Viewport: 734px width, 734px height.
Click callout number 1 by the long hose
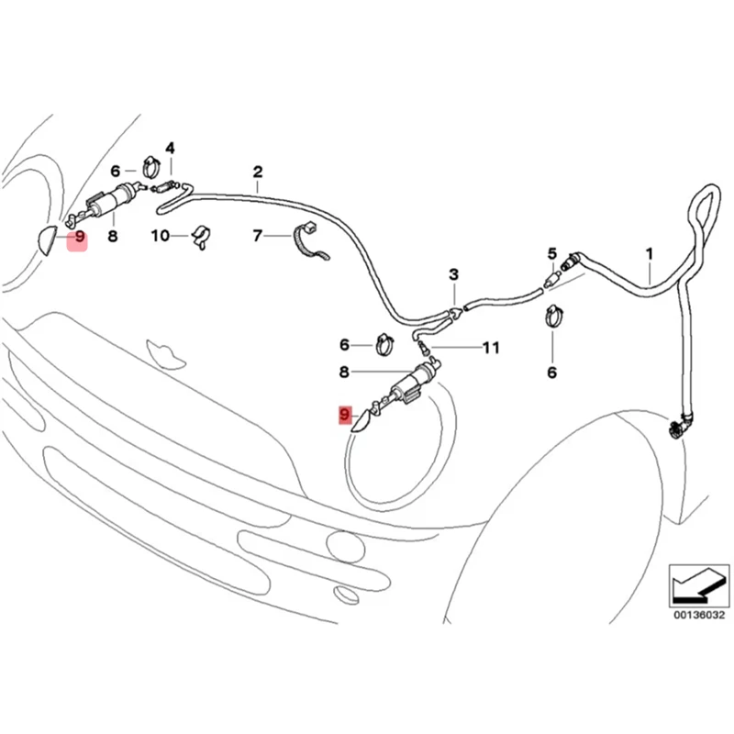point(650,254)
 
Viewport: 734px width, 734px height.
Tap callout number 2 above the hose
point(258,172)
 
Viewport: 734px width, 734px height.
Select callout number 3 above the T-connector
point(453,274)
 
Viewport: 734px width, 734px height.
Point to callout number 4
point(170,149)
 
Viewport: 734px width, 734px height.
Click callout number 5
point(552,254)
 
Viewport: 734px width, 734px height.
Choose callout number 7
point(257,236)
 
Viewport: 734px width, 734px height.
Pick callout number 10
point(160,236)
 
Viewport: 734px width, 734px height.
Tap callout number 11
point(491,348)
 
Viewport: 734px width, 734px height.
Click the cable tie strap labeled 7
point(310,241)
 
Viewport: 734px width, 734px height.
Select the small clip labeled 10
point(200,237)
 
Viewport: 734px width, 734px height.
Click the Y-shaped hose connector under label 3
point(454,313)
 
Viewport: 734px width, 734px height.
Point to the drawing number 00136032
point(699,615)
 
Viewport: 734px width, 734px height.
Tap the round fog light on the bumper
point(346,546)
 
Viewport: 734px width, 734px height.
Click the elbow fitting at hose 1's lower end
point(678,426)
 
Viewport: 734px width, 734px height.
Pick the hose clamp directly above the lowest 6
point(554,316)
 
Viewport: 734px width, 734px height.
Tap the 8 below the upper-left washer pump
point(112,237)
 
